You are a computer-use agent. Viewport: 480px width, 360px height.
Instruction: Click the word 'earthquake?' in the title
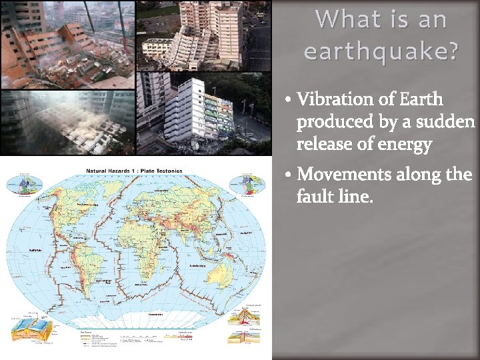pos(381,51)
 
